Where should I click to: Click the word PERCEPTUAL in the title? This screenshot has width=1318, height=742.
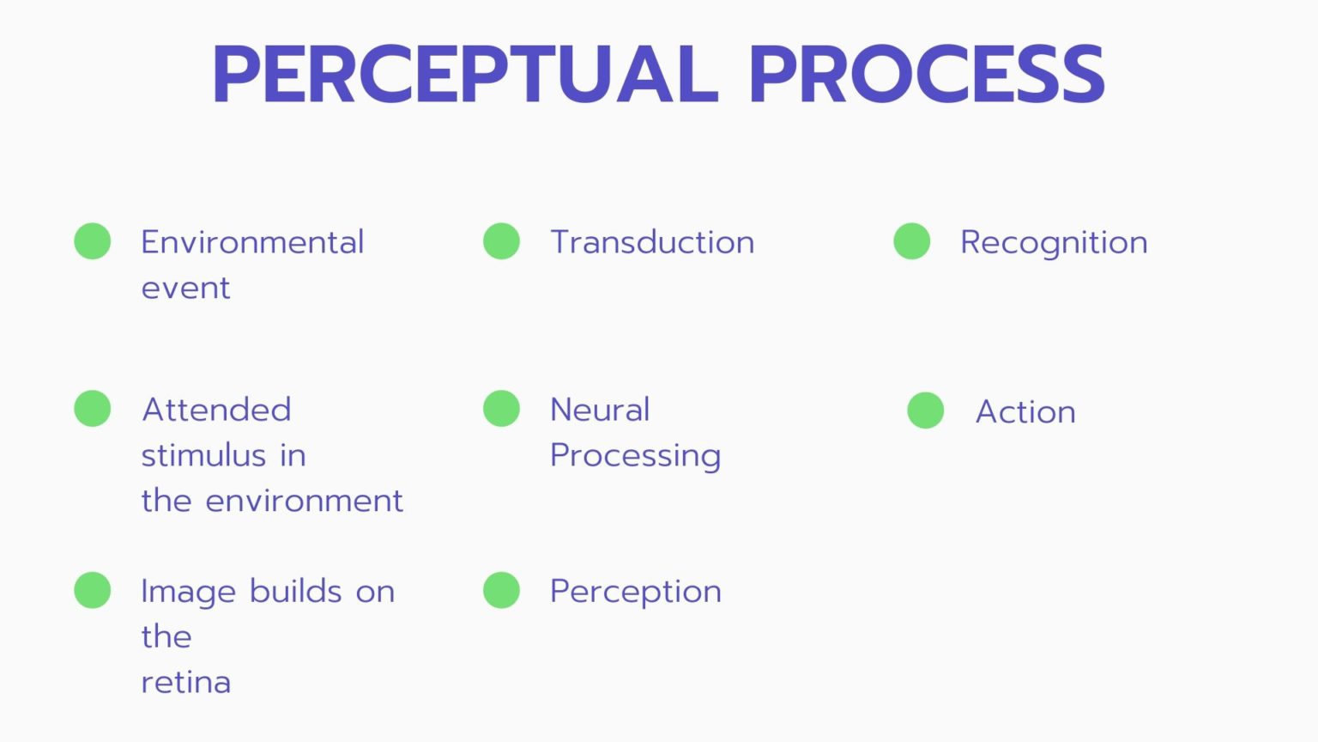[465, 74]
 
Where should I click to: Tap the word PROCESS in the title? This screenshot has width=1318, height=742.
[928, 74]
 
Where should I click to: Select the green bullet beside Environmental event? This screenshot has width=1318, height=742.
[93, 240]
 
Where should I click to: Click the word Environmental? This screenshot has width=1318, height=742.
[252, 242]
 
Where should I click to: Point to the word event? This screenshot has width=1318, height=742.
[185, 289]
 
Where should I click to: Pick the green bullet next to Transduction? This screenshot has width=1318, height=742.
[501, 240]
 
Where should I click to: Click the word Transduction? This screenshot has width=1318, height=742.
[652, 242]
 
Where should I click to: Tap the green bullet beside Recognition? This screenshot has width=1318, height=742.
[911, 240]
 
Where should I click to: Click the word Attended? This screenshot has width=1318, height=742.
[216, 410]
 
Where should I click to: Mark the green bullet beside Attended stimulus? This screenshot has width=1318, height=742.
[93, 408]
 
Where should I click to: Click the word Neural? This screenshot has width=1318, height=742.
[600, 410]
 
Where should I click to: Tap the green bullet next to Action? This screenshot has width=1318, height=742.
[926, 411]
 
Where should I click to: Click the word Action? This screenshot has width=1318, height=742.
[1025, 411]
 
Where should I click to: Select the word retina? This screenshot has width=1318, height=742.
[186, 682]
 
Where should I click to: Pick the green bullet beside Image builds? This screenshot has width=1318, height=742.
[93, 589]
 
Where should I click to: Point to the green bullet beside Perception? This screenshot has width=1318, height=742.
[501, 589]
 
